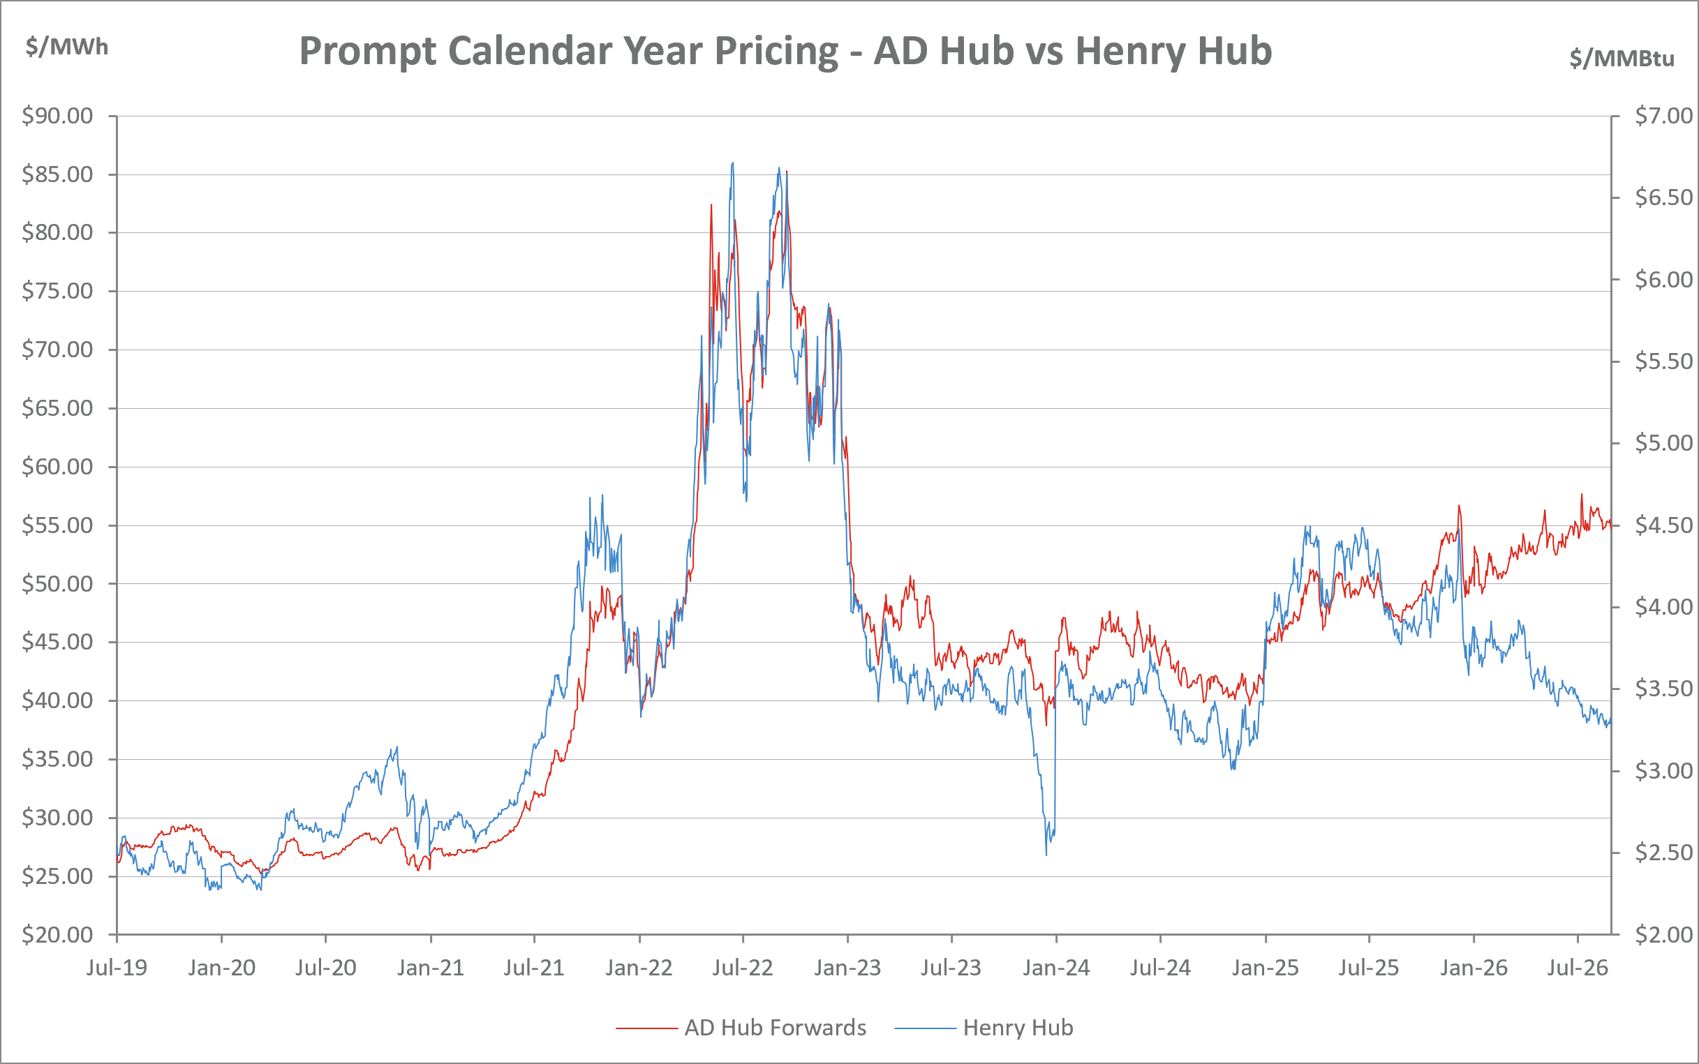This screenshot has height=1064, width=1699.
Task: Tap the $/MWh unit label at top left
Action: click(67, 47)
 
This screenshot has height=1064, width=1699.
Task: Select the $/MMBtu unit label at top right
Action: click(1622, 58)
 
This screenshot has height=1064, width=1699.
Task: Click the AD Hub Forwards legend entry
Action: click(741, 1028)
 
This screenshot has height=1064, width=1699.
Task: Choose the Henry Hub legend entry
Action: click(984, 1028)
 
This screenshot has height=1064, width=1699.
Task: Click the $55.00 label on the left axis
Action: click(58, 525)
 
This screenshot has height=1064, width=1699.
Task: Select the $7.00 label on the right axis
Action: click(1664, 115)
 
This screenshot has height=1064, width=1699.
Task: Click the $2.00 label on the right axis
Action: click(1664, 934)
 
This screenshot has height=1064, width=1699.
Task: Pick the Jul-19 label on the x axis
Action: click(117, 968)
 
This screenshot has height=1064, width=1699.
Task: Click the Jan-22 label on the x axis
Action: click(639, 968)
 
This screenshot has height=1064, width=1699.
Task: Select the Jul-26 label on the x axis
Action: click(1578, 968)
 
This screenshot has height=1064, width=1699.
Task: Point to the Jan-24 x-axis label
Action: click(1056, 968)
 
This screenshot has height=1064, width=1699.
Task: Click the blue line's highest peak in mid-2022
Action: click(733, 163)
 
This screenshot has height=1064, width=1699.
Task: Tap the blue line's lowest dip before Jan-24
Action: click(1046, 854)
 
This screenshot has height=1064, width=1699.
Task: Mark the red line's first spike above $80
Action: click(711, 205)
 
